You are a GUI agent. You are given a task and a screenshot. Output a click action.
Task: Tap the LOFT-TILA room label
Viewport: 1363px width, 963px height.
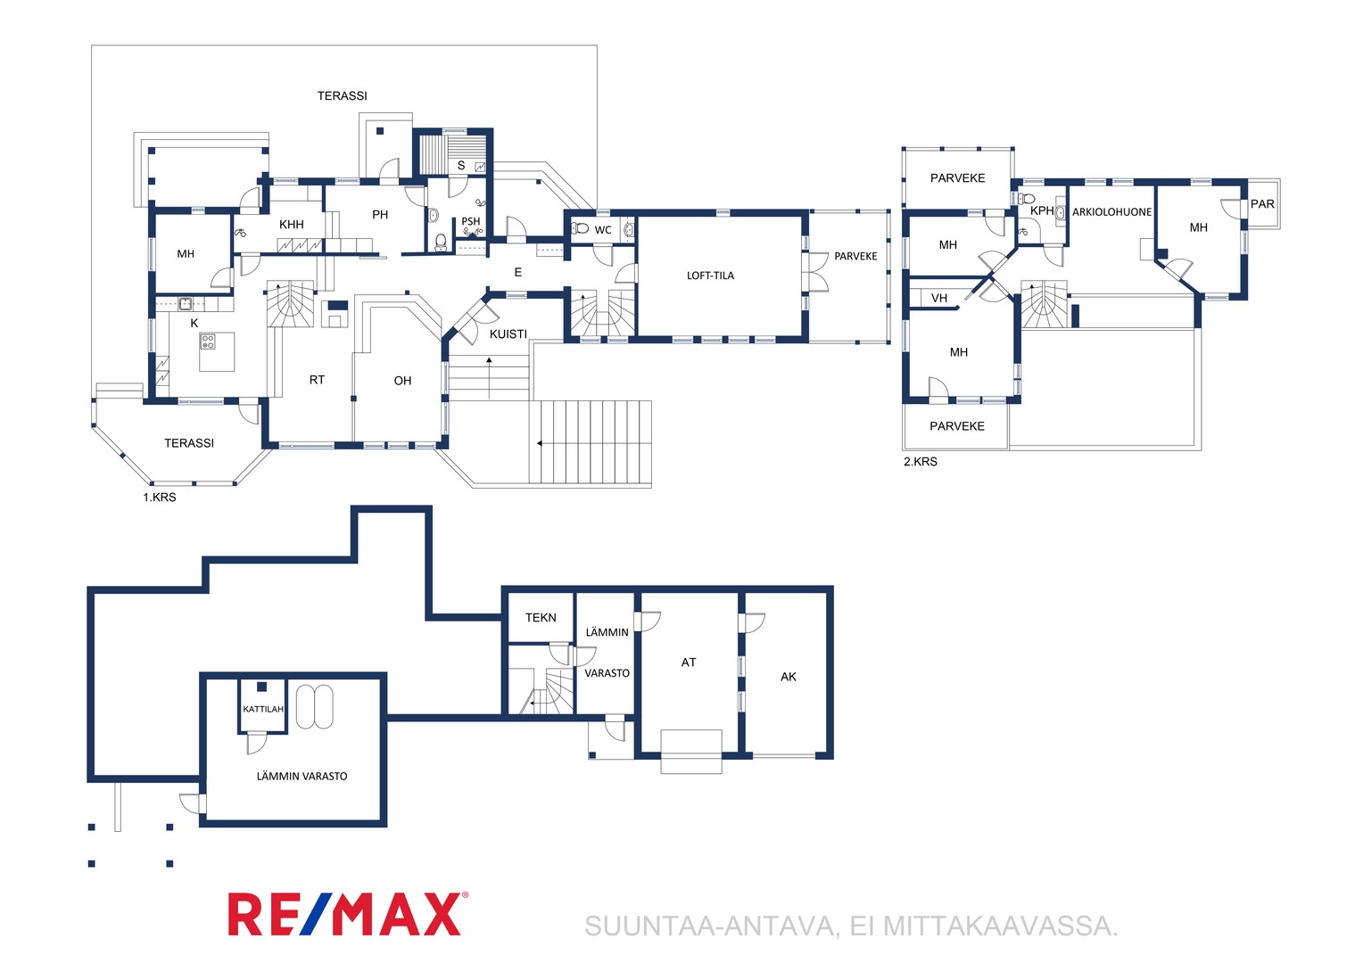pyautogui.click(x=710, y=276)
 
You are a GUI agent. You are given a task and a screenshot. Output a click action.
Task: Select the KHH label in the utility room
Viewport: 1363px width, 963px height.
pyautogui.click(x=292, y=225)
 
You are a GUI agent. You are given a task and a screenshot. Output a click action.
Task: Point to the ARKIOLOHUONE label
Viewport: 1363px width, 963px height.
pyautogui.click(x=1111, y=211)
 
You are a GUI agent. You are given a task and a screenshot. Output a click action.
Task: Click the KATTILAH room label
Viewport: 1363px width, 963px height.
pyautogui.click(x=263, y=709)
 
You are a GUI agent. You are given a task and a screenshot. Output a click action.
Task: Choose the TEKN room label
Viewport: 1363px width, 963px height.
pyautogui.click(x=541, y=617)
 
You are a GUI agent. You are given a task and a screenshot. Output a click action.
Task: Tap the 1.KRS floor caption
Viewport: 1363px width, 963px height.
pyautogui.click(x=160, y=497)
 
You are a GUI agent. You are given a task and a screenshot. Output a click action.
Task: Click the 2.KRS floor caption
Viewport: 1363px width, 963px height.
pyautogui.click(x=920, y=461)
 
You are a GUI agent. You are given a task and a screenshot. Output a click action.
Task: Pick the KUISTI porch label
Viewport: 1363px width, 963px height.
pyautogui.click(x=508, y=334)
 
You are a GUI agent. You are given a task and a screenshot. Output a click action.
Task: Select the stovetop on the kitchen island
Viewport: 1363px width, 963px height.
pyautogui.click(x=208, y=342)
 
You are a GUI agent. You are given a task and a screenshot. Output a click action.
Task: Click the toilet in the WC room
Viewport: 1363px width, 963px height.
pyautogui.click(x=580, y=228)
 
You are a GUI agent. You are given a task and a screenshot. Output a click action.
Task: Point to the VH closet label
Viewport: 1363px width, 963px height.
pyautogui.click(x=939, y=298)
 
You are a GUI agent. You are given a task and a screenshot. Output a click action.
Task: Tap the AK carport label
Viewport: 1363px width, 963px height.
pyautogui.click(x=788, y=677)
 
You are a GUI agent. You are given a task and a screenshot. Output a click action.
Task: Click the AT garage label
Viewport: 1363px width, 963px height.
pyautogui.click(x=689, y=662)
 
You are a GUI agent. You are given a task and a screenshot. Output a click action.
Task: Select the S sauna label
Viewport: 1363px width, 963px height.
pyautogui.click(x=461, y=166)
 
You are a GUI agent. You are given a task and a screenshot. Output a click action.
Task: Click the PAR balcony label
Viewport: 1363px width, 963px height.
pyautogui.click(x=1262, y=204)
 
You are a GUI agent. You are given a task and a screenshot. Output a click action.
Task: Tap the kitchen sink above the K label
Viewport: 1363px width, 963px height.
pyautogui.click(x=185, y=303)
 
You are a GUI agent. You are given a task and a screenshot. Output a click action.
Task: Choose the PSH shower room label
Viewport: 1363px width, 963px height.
pyautogui.click(x=470, y=221)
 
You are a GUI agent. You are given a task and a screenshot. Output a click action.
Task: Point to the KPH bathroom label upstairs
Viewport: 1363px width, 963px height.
pyautogui.click(x=1042, y=210)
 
